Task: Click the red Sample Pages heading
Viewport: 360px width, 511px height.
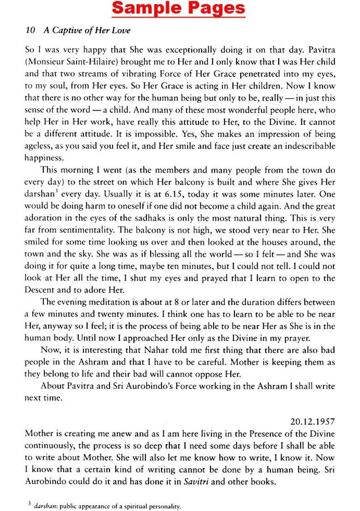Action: (179, 9)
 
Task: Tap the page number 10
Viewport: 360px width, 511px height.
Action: (30, 31)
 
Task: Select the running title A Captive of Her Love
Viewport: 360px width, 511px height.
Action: (87, 31)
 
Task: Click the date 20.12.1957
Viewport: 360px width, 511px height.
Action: (312, 421)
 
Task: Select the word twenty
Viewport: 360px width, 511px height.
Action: (114, 314)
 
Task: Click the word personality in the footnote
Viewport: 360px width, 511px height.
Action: (162, 506)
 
